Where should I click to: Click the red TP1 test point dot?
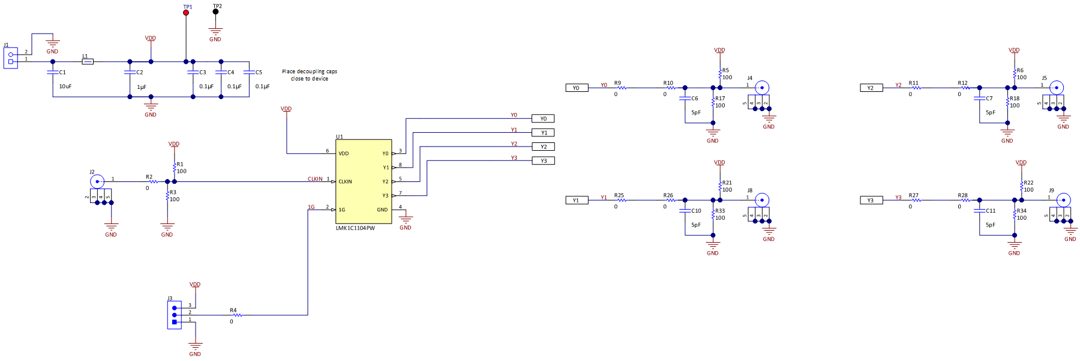186,12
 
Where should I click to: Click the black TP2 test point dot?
215,11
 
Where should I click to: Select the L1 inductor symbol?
88,61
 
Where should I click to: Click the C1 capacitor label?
62,72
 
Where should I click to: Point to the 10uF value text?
65,86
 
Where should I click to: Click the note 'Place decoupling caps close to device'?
310,75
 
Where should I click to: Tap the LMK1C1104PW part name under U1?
355,228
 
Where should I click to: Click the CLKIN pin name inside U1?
345,181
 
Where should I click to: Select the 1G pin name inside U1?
341,210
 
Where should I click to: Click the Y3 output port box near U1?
543,161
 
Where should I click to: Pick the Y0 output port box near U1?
543,119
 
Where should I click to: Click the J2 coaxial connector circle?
97,181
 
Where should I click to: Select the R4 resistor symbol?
237,315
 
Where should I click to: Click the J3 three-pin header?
175,315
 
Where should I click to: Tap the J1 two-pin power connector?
11,58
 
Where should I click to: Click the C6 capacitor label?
694,99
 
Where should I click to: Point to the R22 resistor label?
1028,183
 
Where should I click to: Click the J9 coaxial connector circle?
1063,200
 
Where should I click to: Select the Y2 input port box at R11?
871,88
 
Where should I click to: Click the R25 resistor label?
619,195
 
